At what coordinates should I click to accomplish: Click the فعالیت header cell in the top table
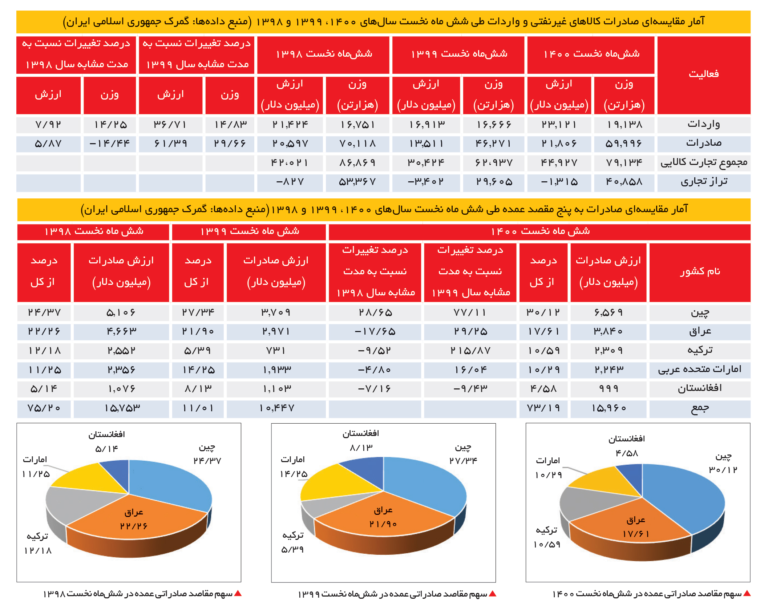tap(704, 75)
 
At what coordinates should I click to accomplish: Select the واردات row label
tap(704, 125)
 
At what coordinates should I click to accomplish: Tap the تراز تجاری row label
tap(704, 181)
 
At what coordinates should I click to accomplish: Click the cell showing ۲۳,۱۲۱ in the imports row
tap(559, 125)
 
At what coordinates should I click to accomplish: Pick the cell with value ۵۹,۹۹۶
tap(624, 144)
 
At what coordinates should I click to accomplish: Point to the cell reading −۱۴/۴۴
tap(109, 144)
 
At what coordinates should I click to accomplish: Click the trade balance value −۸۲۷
tap(290, 181)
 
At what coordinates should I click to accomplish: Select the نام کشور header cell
tap(700, 272)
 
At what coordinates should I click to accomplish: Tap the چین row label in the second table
tap(700, 312)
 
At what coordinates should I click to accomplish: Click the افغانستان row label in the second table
tap(700, 388)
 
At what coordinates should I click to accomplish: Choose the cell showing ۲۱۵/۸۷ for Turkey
tap(470, 351)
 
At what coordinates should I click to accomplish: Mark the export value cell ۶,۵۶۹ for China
tap(609, 312)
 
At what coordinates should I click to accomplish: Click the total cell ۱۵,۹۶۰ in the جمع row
tap(609, 408)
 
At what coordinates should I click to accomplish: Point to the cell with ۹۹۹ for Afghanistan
tap(609, 388)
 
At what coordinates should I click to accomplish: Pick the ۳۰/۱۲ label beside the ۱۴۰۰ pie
tap(723, 470)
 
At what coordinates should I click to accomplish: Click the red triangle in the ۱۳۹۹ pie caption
tap(493, 593)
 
